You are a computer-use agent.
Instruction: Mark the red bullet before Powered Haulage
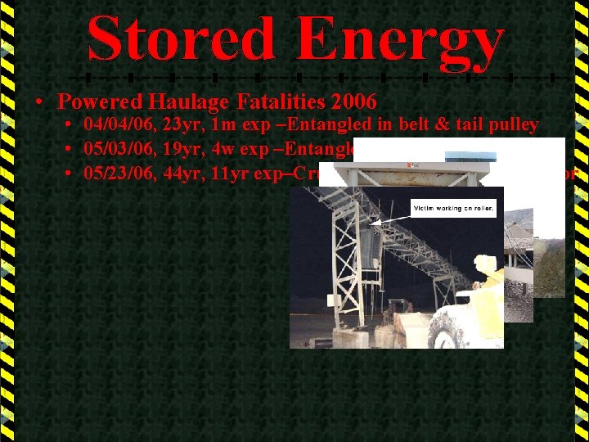(x=39, y=102)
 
